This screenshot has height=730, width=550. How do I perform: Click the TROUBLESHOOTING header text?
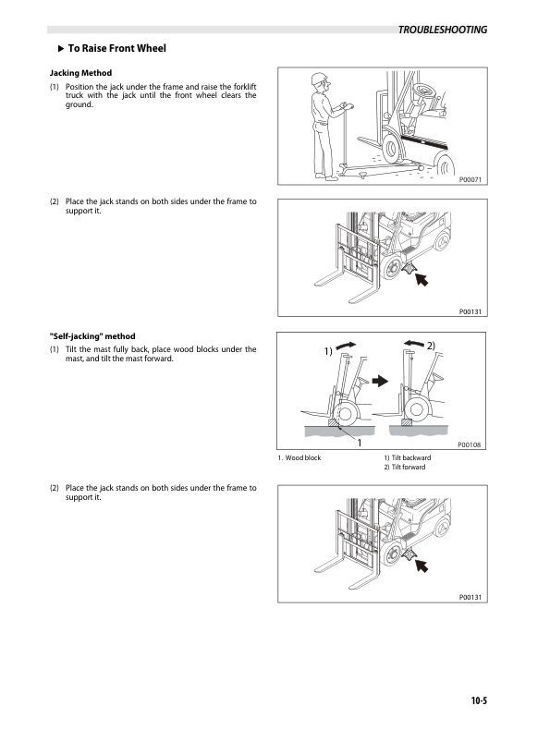pyautogui.click(x=442, y=30)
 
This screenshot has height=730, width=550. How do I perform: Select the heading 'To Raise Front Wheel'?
pyautogui.click(x=116, y=48)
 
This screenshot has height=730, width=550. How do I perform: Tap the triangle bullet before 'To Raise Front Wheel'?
pyautogui.click(x=60, y=48)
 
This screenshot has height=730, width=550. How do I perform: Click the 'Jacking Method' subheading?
pyautogui.click(x=80, y=72)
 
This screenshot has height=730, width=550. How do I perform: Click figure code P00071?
pyautogui.click(x=471, y=181)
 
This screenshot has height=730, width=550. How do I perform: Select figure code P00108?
pyautogui.click(x=471, y=444)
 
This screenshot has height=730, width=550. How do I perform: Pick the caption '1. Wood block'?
pyautogui.click(x=299, y=458)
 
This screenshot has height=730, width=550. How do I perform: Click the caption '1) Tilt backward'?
pyautogui.click(x=406, y=458)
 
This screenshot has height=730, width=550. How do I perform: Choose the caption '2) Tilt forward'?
pyautogui.click(x=404, y=468)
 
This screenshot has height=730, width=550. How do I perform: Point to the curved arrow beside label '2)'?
pyautogui.click(x=414, y=345)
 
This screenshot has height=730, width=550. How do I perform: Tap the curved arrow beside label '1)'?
pyautogui.click(x=346, y=345)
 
